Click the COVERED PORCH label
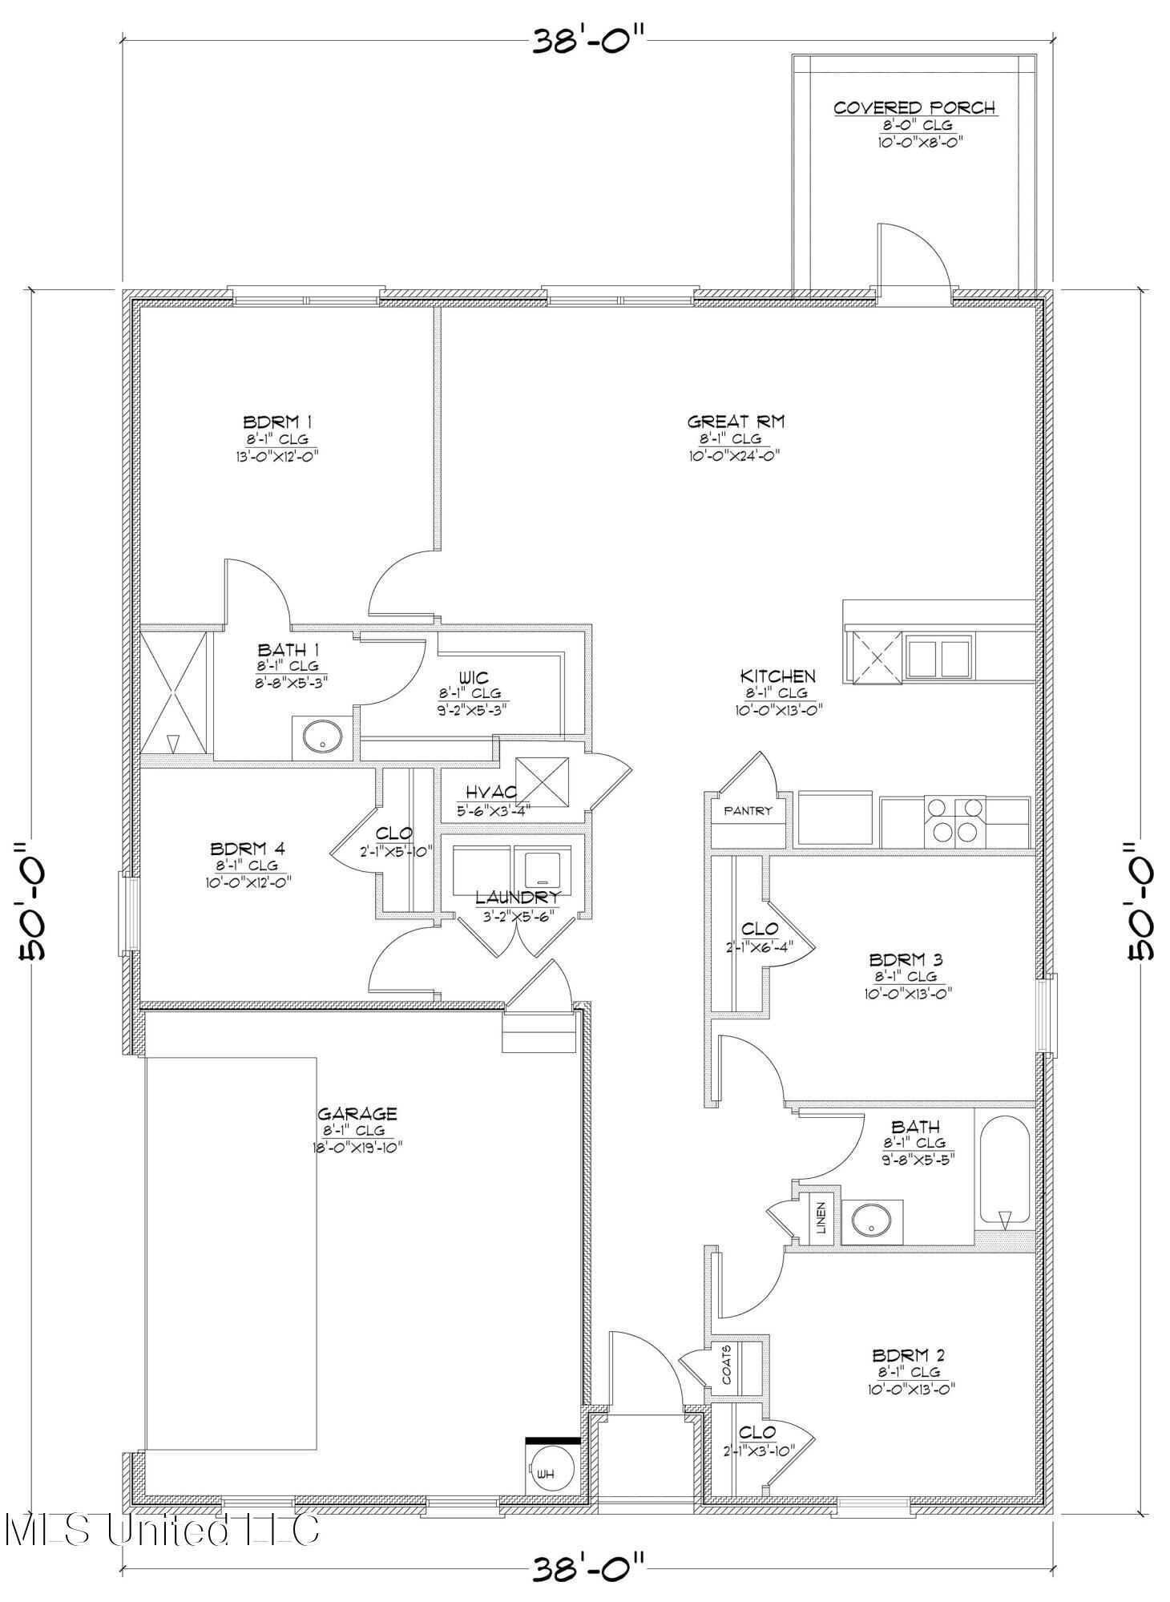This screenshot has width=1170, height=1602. point(915,107)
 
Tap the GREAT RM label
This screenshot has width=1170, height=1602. point(736,421)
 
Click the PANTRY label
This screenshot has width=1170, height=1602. point(748,810)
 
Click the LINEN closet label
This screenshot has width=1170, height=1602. point(821,1218)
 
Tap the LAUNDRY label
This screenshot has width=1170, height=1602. point(517,897)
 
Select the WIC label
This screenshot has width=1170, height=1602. point(474,677)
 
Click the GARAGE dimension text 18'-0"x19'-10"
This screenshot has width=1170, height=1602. point(357,1147)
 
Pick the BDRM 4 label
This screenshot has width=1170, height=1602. point(247,848)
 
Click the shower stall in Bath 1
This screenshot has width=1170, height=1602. point(173,692)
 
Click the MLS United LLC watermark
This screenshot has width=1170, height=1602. point(160,1528)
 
